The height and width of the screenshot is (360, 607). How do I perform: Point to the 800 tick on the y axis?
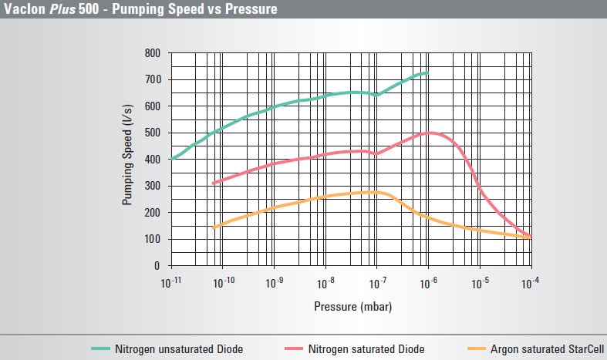point(152,53)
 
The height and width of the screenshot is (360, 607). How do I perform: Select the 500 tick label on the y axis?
point(152,133)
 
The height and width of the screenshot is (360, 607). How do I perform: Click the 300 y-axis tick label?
point(152,187)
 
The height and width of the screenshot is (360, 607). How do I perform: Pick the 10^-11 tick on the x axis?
point(170,283)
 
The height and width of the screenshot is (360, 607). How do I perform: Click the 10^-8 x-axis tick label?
point(325,283)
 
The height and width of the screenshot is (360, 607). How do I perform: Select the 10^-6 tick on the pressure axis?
point(428,283)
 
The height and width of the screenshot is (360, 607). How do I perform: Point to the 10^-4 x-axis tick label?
point(531,283)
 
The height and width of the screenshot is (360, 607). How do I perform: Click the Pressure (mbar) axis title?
point(352,306)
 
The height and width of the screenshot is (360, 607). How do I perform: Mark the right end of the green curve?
point(427,72)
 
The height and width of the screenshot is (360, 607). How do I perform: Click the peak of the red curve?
point(430,133)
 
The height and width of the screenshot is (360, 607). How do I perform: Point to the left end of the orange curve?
point(214,227)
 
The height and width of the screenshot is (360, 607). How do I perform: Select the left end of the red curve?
point(214,183)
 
